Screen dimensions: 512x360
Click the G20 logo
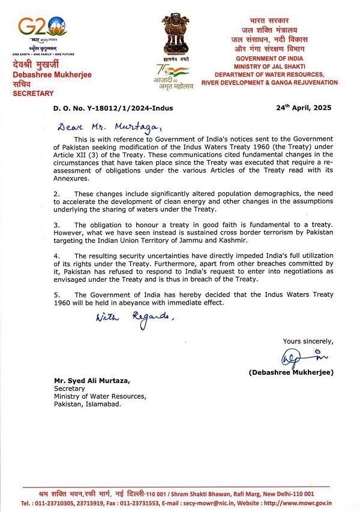click(x=42, y=26)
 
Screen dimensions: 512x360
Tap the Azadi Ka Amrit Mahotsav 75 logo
click(x=174, y=77)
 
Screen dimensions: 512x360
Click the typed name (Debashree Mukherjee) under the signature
click(x=291, y=372)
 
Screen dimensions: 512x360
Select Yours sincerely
click(x=308, y=341)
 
